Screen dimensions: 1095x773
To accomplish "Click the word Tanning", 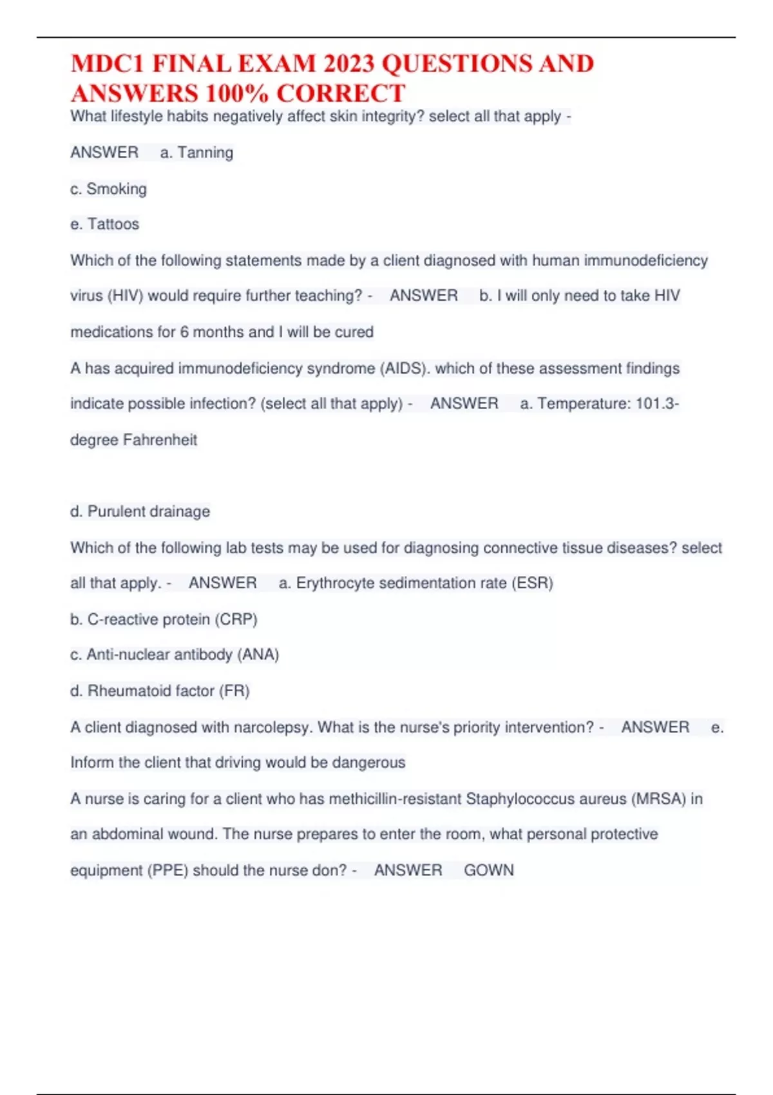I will click(x=205, y=153).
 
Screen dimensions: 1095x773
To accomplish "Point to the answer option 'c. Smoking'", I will click(x=108, y=189).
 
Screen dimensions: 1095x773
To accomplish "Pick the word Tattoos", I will click(x=113, y=224).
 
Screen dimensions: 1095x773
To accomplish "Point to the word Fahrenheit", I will click(x=160, y=440).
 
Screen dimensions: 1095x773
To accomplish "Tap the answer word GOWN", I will click(x=489, y=870).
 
